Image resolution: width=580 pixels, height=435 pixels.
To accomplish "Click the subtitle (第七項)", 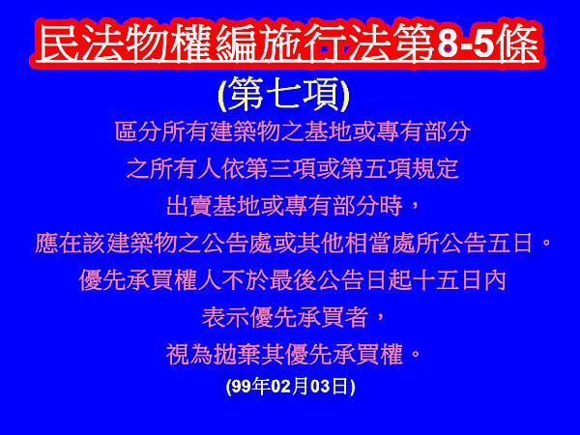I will [x=283, y=95].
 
